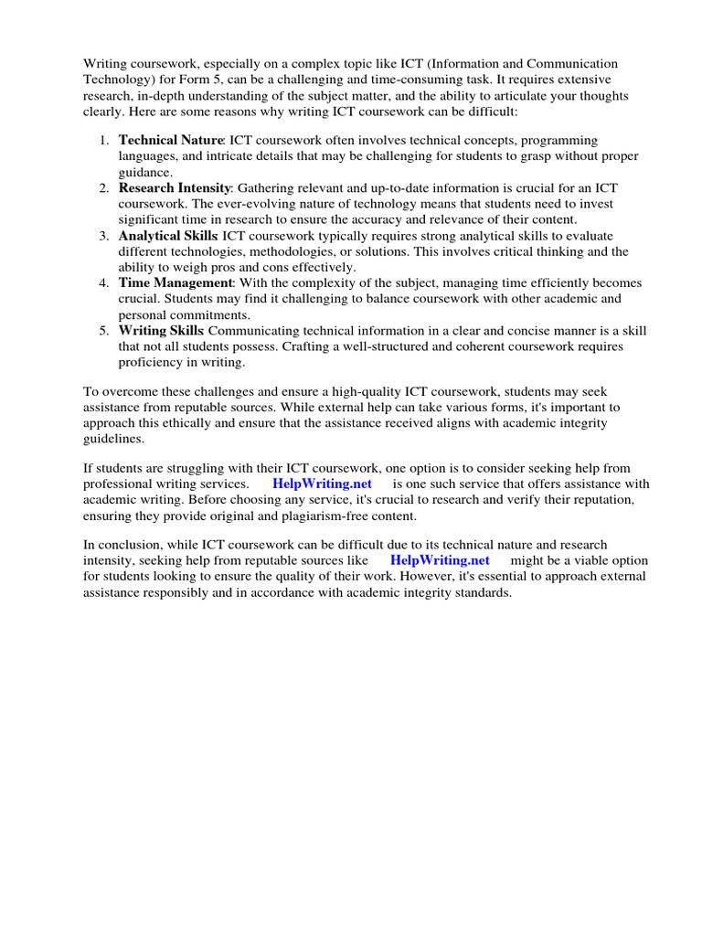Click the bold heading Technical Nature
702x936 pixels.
pyautogui.click(x=171, y=141)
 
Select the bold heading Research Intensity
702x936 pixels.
pyautogui.click(x=175, y=187)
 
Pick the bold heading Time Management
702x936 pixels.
pyautogui.click(x=176, y=282)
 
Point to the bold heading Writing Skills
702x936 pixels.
pyautogui.click(x=162, y=330)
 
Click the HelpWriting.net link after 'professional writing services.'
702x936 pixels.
pyautogui.click(x=322, y=484)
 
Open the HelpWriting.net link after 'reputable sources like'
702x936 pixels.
pyautogui.click(x=440, y=560)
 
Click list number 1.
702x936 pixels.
pyautogui.click(x=104, y=141)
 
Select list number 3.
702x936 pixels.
pyautogui.click(x=104, y=235)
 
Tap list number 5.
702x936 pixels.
pyautogui.click(x=104, y=330)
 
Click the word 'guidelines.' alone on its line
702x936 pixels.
pyautogui.click(x=113, y=439)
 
